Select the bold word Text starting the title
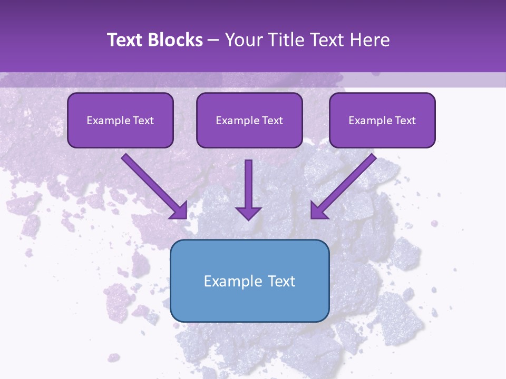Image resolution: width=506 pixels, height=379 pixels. coord(127,40)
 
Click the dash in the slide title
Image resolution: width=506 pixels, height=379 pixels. coord(213,41)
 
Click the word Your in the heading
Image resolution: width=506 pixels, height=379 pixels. coord(245,40)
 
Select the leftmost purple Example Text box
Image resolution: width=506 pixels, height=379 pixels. coord(120,120)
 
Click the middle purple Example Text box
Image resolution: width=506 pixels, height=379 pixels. coord(249,120)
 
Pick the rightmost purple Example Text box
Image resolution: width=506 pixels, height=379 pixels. coord(382,120)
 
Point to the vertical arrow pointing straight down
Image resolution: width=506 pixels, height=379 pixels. coord(248,184)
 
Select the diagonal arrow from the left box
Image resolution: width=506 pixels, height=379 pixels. coord(150,182)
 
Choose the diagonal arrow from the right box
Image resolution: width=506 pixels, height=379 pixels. coord(348,182)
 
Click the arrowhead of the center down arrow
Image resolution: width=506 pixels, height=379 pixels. coord(248,213)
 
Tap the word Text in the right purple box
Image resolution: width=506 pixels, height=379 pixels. coord(405,121)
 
